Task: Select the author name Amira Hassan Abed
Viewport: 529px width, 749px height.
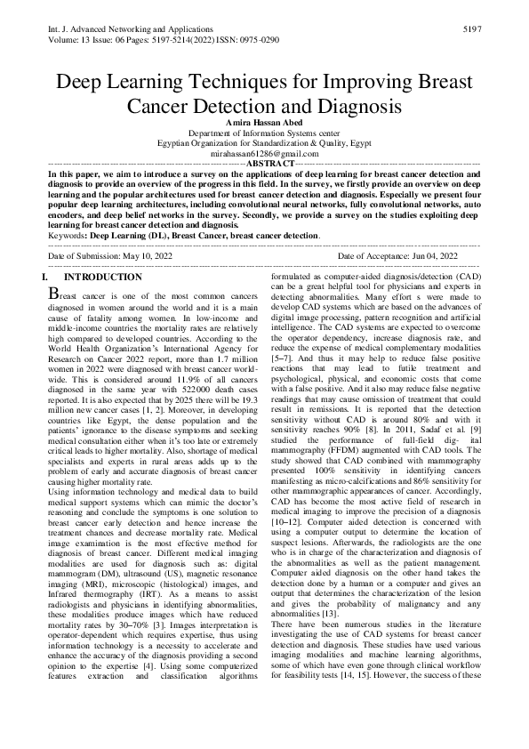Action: [x=264, y=121]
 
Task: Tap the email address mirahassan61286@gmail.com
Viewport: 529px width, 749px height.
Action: [x=264, y=153]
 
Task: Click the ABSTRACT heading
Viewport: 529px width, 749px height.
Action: [x=269, y=165]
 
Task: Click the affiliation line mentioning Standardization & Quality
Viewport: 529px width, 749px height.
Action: [x=264, y=142]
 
